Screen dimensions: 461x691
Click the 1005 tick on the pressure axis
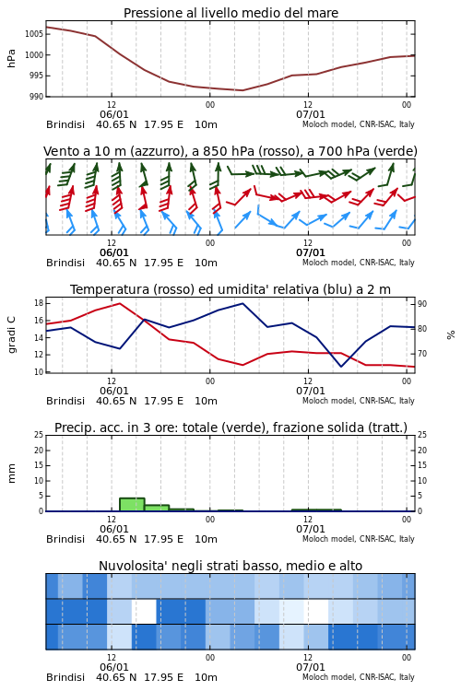click(x=34, y=34)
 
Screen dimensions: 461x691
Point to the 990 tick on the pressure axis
click(x=36, y=96)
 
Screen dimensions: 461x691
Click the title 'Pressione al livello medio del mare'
click(x=230, y=13)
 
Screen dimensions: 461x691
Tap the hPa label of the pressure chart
click(x=11, y=58)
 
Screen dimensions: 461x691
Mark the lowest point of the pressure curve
click(x=242, y=90)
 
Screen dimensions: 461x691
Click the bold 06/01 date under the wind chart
click(x=114, y=253)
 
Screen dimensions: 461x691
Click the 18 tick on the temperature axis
click(x=39, y=303)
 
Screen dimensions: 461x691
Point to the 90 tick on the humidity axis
click(x=422, y=304)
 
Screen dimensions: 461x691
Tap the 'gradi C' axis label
click(x=12, y=334)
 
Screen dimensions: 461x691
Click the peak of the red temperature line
click(x=120, y=303)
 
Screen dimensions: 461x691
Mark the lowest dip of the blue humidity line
click(x=341, y=366)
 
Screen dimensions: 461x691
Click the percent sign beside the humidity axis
click(x=451, y=335)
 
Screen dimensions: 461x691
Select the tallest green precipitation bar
click(x=132, y=505)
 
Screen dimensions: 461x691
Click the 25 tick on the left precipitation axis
click(x=39, y=435)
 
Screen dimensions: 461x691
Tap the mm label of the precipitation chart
click(x=11, y=473)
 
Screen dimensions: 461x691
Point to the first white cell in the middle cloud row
click(x=144, y=611)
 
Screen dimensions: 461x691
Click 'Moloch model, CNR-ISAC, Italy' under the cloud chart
click(x=359, y=677)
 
